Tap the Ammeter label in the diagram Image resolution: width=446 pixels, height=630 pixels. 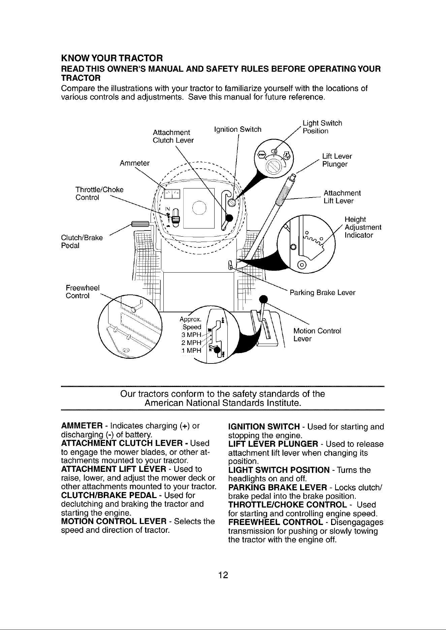(135, 163)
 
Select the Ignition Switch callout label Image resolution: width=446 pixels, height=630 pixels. (238, 130)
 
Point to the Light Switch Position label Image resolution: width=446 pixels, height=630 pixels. (322, 127)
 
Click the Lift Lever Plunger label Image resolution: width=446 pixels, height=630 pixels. (337, 160)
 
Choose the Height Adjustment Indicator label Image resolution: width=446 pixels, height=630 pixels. (363, 227)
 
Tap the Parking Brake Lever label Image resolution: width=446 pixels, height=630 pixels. (322, 293)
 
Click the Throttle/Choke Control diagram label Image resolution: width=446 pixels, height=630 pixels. (100, 194)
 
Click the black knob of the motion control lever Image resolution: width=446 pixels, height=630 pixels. (263, 299)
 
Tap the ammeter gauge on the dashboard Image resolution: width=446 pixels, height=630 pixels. (171, 194)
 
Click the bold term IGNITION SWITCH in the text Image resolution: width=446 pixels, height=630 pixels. (264, 427)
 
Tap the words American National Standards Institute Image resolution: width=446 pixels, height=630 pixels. (223, 403)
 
